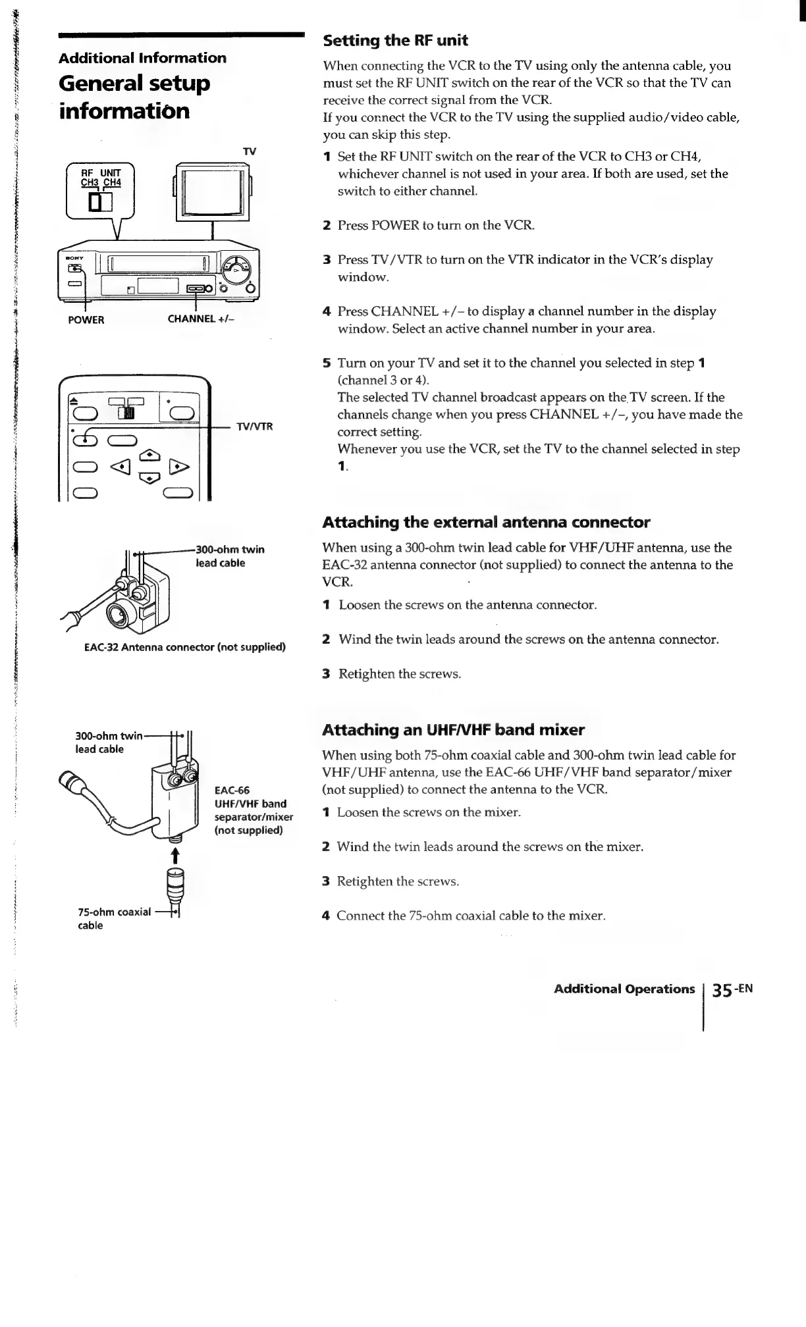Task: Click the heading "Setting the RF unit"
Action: (395, 41)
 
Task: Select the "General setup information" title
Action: (134, 97)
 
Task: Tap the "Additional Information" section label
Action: (142, 58)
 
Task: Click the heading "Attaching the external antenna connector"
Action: (486, 523)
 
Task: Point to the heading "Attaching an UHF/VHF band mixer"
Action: (453, 730)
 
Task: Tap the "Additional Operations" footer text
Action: (624, 989)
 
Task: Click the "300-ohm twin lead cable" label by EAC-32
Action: (230, 556)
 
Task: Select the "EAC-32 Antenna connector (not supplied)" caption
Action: (185, 647)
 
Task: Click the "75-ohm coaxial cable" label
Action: (114, 918)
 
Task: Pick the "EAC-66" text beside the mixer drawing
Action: (232, 791)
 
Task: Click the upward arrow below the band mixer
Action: (175, 855)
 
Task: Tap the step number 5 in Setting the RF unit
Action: (327, 363)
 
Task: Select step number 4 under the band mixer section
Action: (326, 916)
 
